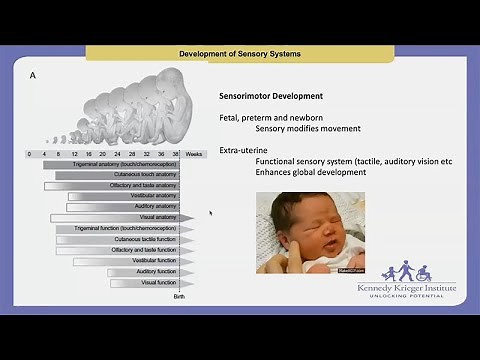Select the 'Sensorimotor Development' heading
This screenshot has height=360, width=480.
click(x=271, y=96)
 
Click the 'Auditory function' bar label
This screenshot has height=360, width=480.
click(x=156, y=271)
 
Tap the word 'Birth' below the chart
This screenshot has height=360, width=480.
click(x=179, y=296)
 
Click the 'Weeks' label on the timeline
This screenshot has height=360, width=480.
click(x=195, y=154)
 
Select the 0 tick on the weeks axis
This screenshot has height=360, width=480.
click(x=30, y=154)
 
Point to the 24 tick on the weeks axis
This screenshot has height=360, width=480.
click(x=118, y=154)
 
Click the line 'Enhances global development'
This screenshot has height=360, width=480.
click(x=310, y=172)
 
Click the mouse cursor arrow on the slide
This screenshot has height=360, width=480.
click(x=210, y=213)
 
